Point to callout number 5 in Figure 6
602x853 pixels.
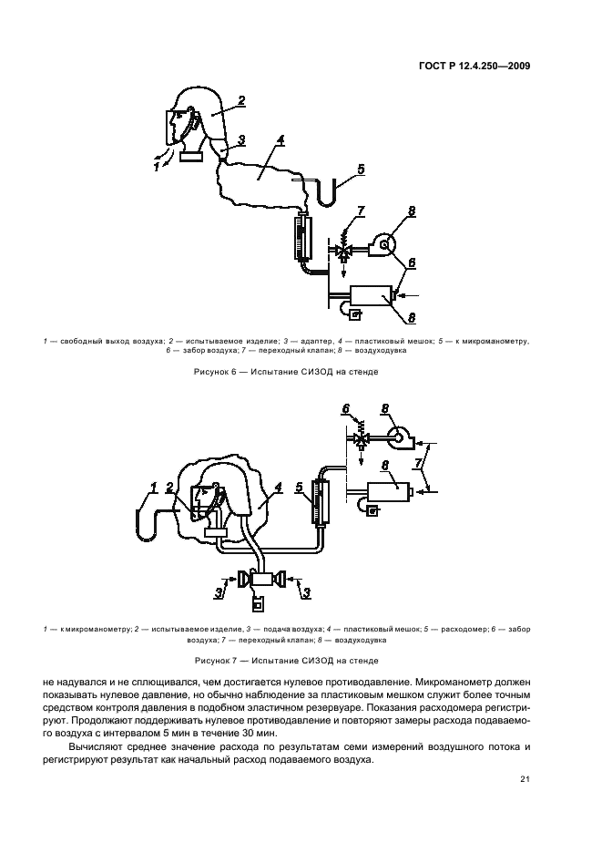(x=361, y=169)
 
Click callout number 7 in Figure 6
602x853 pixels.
(x=360, y=212)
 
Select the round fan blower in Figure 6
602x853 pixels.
(x=386, y=244)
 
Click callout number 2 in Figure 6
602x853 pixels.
(x=241, y=100)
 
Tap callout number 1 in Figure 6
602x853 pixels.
(x=156, y=167)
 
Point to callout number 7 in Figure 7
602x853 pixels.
(x=418, y=464)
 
